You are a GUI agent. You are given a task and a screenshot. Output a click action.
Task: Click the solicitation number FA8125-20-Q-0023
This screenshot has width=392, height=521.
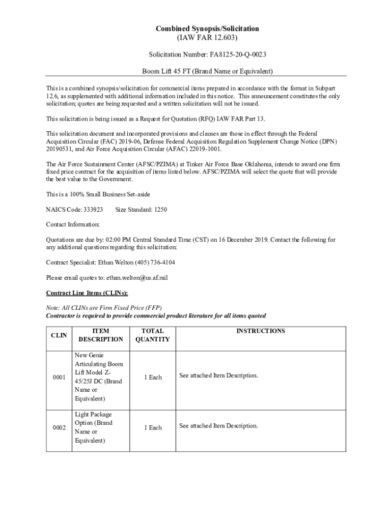[x=237, y=54]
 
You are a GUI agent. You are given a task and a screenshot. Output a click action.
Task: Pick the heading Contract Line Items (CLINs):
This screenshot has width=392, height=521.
[x=87, y=293]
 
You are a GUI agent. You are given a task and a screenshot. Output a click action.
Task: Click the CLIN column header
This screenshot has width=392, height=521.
[x=59, y=335]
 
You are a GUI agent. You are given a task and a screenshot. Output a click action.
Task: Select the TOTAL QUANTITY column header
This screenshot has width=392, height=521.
[x=153, y=335]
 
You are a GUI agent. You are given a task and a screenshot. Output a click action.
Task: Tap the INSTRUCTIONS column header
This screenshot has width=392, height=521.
[x=260, y=331]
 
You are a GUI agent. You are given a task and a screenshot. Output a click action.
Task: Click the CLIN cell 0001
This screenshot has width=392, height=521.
[x=59, y=378]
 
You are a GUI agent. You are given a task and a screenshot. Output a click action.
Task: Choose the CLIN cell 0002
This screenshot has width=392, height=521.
[x=59, y=428]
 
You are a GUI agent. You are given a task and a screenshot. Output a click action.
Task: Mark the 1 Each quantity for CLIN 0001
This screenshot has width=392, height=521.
[x=153, y=378]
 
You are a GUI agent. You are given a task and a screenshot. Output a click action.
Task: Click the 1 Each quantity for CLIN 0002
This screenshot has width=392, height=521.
[x=153, y=428]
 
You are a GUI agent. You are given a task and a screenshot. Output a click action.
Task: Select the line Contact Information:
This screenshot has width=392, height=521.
[x=73, y=224]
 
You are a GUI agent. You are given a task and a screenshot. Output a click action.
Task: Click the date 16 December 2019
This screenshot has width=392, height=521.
[x=242, y=240]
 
